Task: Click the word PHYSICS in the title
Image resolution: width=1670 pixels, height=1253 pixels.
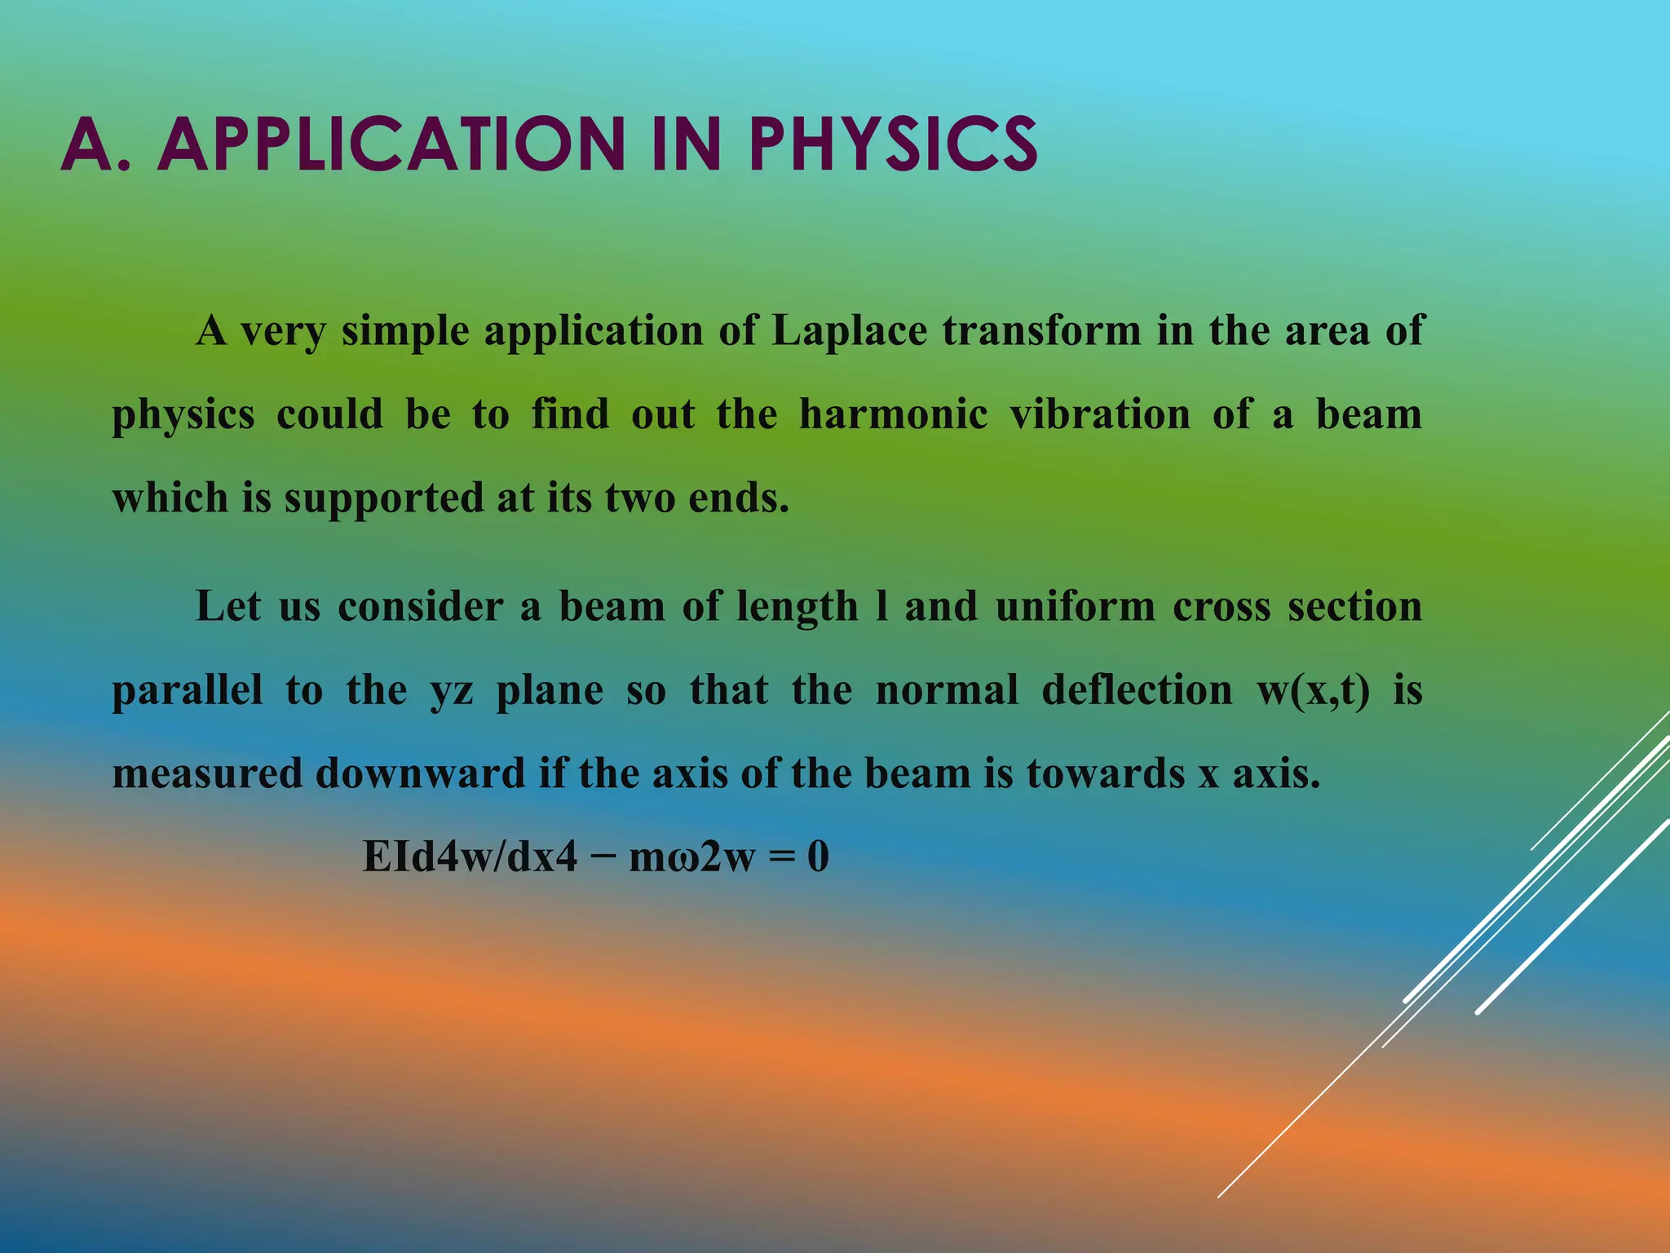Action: point(893,144)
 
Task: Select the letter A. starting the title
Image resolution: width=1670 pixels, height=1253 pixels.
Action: point(95,144)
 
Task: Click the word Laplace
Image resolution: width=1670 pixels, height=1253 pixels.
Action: point(849,331)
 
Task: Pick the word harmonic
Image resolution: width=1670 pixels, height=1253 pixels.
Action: point(893,414)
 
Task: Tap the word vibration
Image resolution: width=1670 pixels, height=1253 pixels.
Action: point(1100,414)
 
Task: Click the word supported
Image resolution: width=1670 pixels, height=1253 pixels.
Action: point(383,498)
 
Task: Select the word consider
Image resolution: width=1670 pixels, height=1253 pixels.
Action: point(420,607)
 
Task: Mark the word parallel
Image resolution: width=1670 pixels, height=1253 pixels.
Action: point(188,691)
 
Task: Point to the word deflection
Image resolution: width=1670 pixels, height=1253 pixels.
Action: point(1137,690)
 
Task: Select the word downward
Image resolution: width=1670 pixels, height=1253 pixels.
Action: point(420,774)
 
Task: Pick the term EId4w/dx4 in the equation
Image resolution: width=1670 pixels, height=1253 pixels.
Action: point(470,857)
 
